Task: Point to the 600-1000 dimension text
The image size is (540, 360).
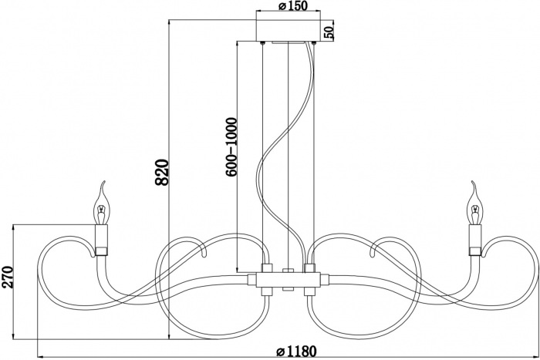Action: pyautogui.click(x=230, y=149)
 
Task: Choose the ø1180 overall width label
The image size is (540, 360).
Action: pyautogui.click(x=296, y=352)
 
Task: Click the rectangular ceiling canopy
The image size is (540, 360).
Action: pyautogui.click(x=289, y=31)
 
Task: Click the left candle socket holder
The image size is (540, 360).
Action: pyautogui.click(x=101, y=239)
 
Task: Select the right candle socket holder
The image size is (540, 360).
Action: pyautogui.click(x=474, y=239)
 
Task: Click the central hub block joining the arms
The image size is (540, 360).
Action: pyautogui.click(x=288, y=278)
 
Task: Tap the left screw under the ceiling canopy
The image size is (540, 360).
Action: pyautogui.click(x=263, y=44)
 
